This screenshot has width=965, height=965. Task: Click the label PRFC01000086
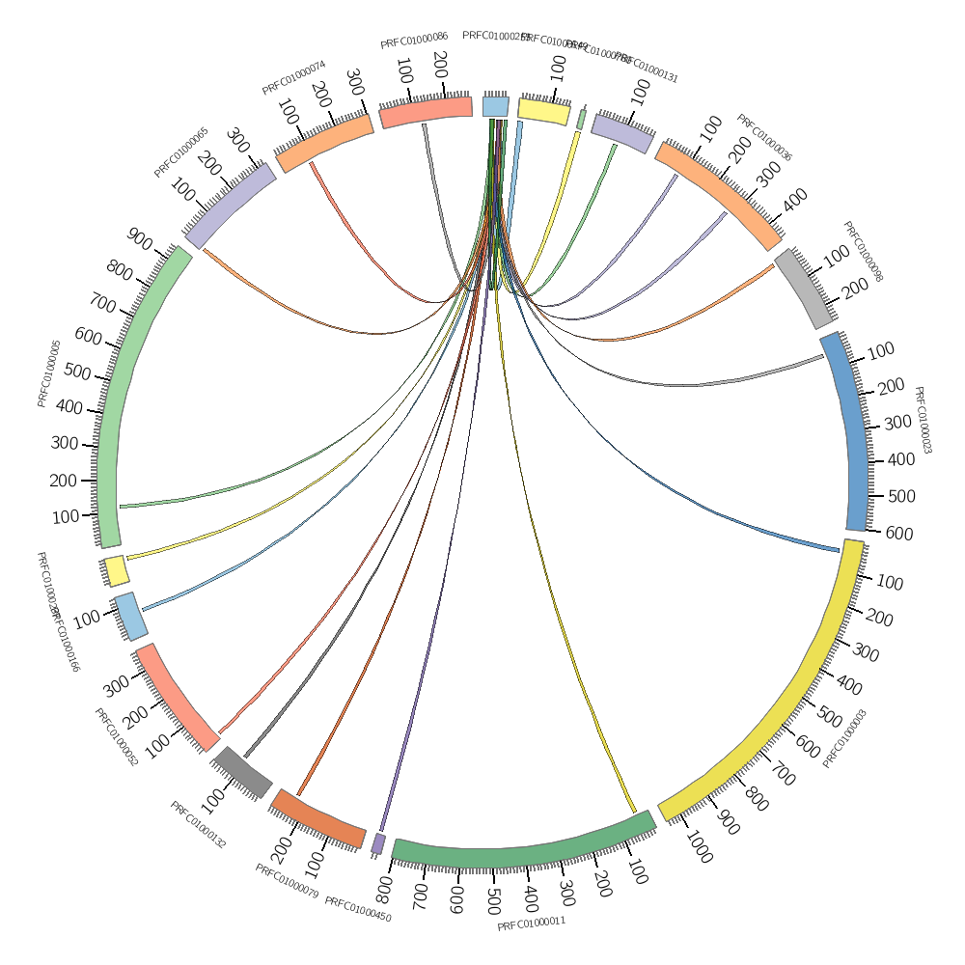[x=414, y=41]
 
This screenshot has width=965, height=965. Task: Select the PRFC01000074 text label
[x=294, y=79]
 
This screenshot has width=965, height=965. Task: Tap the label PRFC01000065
[x=181, y=152]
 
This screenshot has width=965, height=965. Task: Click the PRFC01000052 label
[x=116, y=737]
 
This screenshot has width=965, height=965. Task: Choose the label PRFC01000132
[x=198, y=825]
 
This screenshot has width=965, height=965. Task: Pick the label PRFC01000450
[x=358, y=910]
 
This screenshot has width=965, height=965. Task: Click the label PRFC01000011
[x=531, y=924]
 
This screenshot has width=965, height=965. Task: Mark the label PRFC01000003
[x=845, y=738]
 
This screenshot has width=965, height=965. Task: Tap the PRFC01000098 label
[x=863, y=252]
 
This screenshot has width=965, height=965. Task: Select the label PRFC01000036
[x=764, y=138]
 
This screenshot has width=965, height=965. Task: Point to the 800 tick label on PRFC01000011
[x=385, y=886]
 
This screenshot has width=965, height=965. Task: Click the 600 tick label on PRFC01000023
[x=898, y=534]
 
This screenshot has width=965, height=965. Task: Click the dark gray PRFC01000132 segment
[x=243, y=772]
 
